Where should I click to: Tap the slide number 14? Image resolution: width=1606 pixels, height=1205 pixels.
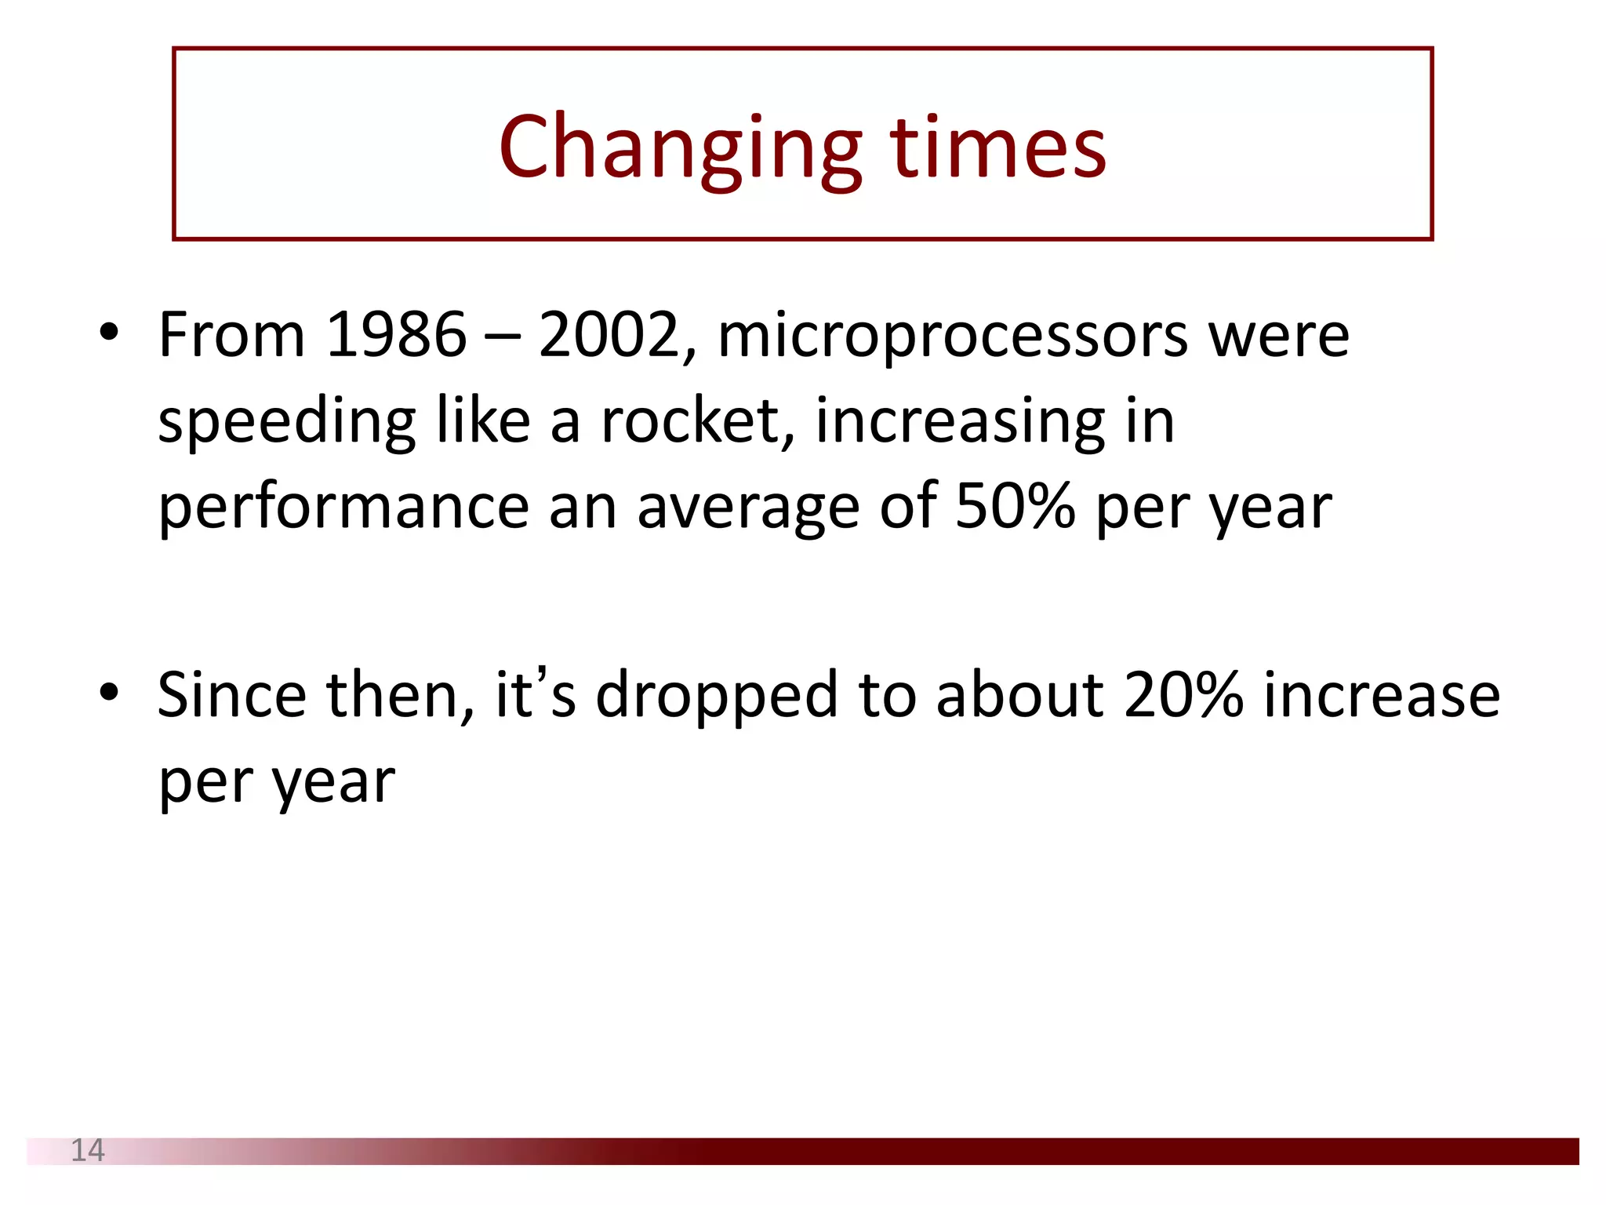87,1150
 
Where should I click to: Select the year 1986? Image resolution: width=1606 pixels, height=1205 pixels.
395,335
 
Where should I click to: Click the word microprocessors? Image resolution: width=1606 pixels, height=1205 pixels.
952,337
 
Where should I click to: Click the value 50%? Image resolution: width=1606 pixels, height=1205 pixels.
1014,506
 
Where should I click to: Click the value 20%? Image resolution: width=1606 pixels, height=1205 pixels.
1183,695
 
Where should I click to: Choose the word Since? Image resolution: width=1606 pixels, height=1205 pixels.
231,695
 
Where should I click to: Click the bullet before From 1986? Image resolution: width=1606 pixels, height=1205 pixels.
109,333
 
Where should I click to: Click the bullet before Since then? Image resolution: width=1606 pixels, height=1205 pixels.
109,693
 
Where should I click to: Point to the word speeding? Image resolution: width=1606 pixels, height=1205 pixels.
286,424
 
